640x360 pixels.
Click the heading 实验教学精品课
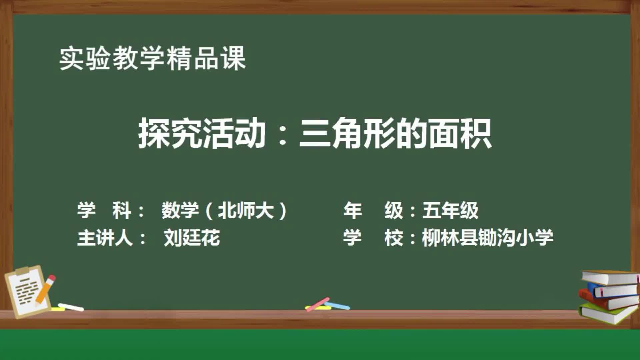[152, 59]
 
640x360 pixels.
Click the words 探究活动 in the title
[202, 133]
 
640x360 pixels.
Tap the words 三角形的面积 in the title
[395, 133]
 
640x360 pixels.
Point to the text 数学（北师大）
[224, 210]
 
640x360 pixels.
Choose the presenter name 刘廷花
[192, 238]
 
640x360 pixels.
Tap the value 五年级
[450, 210]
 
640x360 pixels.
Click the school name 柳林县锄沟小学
[487, 238]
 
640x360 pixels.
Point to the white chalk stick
[71, 307]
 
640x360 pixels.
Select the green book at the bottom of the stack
[608, 313]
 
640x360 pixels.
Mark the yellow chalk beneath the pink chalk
[325, 308]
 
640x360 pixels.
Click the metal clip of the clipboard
[23, 270]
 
